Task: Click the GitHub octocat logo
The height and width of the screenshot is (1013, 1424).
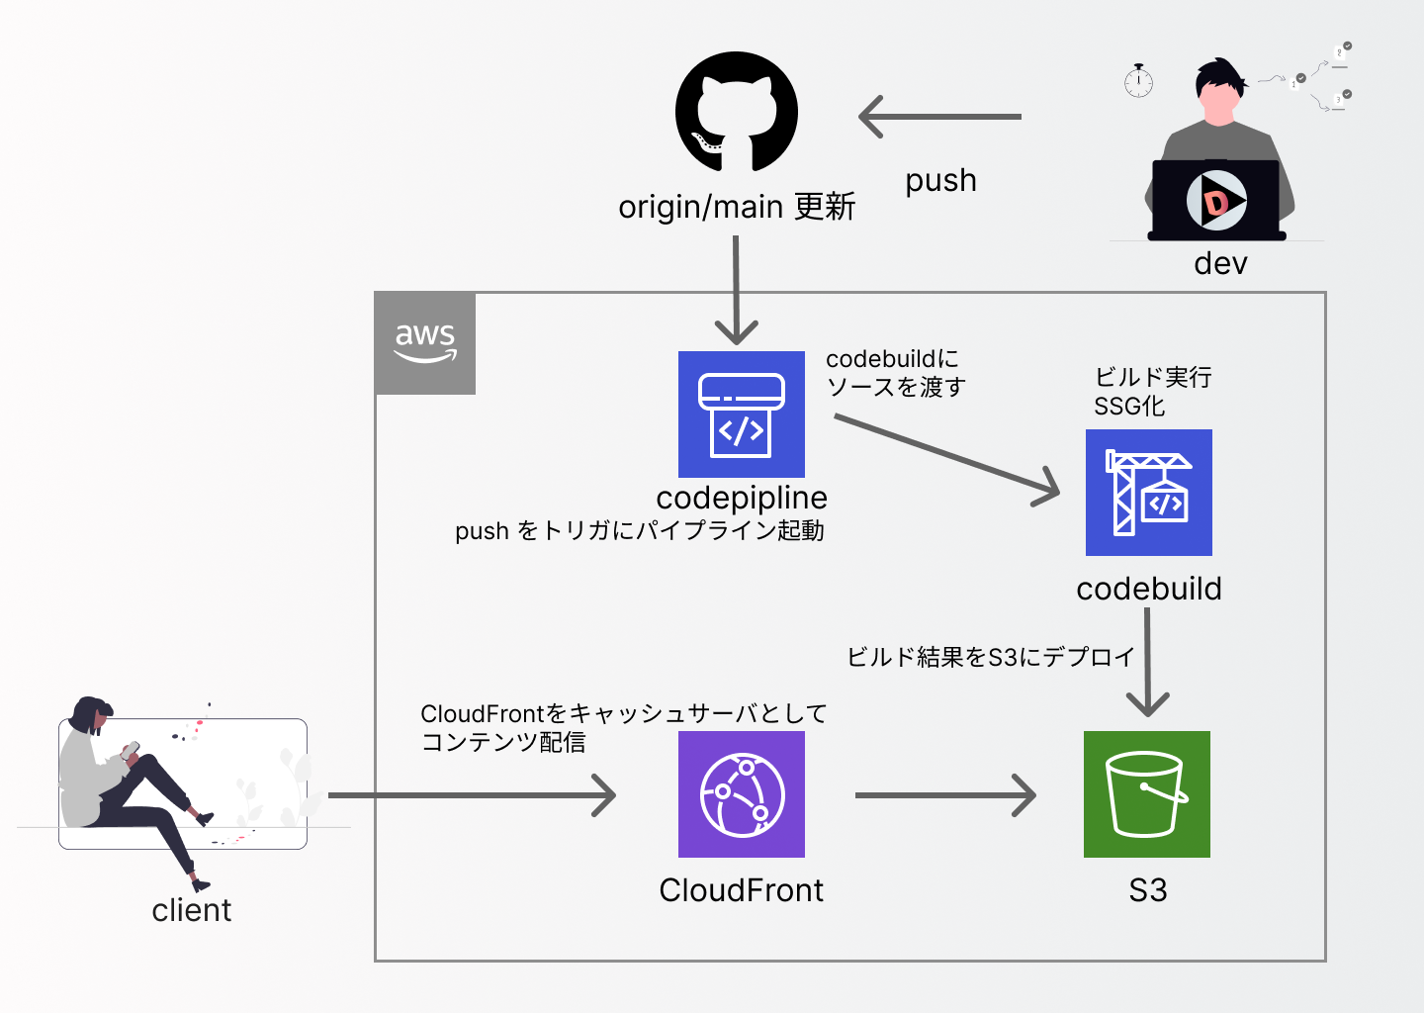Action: (737, 112)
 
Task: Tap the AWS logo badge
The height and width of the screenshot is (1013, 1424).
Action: (425, 343)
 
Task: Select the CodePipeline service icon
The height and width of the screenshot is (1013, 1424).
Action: (742, 414)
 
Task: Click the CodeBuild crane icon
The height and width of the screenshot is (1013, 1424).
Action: (1149, 493)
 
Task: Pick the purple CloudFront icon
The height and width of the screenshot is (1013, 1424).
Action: (742, 794)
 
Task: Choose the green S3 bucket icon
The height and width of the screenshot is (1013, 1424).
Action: (1147, 794)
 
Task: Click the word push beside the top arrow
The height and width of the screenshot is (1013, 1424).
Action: (940, 181)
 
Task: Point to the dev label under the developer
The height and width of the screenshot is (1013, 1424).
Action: (1220, 263)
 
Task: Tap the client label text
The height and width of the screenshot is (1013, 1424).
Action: (191, 910)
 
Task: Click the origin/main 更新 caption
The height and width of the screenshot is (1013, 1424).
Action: (737, 207)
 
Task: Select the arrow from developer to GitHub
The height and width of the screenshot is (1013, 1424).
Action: (939, 117)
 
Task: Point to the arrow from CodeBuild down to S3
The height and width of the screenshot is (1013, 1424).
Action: (1147, 661)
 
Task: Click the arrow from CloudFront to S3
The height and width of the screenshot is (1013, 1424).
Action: (944, 794)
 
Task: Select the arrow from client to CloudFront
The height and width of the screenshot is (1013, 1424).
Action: (472, 794)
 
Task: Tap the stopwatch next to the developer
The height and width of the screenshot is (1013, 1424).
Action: (1138, 81)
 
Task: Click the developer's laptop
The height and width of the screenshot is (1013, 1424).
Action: (1216, 201)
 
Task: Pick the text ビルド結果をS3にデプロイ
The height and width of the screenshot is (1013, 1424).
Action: (990, 657)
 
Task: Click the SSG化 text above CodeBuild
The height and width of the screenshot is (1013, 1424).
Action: (1129, 407)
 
